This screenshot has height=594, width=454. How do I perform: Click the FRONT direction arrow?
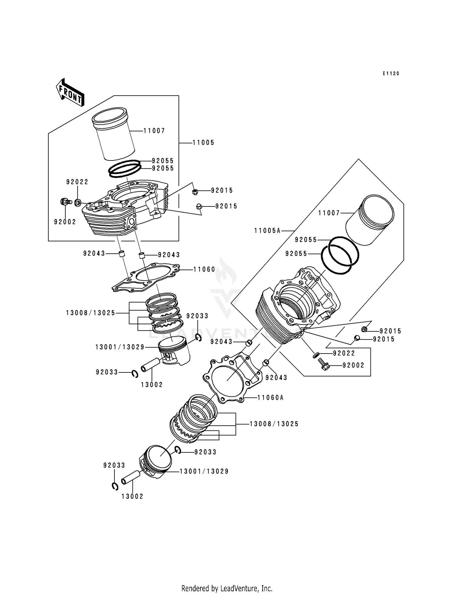70,92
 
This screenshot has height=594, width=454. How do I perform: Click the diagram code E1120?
390,74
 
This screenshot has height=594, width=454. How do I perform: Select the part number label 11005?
203,143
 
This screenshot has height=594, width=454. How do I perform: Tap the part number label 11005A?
267,231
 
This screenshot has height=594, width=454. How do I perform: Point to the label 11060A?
270,398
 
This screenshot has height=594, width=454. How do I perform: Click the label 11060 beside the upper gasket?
204,269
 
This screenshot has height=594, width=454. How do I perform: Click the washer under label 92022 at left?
78,202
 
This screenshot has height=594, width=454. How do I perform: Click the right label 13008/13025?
274,424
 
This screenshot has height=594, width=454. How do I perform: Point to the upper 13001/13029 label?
120,347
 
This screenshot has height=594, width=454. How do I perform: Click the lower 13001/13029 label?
204,471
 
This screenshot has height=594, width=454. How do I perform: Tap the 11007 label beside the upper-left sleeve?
154,131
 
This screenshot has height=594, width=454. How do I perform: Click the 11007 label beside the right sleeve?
329,213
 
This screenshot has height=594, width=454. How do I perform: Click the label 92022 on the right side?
344,353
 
